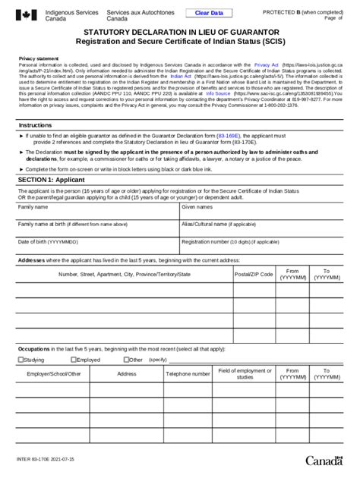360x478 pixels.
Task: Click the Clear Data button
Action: (210, 13)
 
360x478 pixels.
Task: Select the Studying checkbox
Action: (21, 360)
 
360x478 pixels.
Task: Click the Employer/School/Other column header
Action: (53, 374)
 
